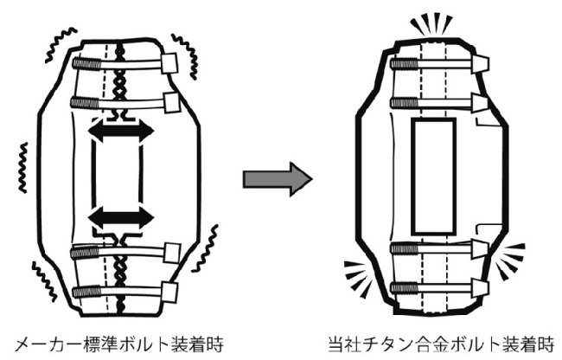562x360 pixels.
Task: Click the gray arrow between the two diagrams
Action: [x=276, y=180]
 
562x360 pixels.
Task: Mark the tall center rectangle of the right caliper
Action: [x=434, y=177]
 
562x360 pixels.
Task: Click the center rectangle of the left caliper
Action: [x=117, y=172]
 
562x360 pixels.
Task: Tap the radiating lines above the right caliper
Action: [x=432, y=23]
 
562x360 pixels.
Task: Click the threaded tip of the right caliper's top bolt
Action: [x=399, y=62]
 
